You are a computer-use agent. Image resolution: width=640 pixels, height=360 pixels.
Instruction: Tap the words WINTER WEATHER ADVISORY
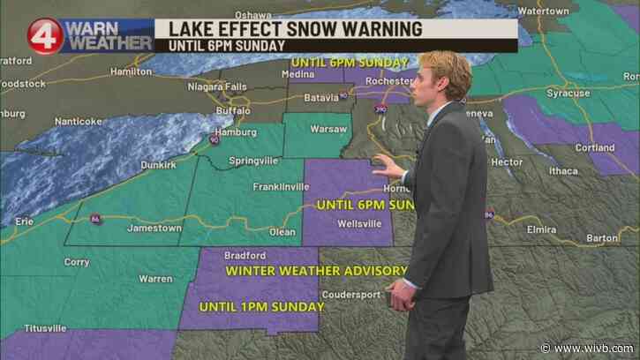pos(316,270)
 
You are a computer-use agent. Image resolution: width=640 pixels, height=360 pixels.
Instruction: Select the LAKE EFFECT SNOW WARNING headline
pos(288,27)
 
